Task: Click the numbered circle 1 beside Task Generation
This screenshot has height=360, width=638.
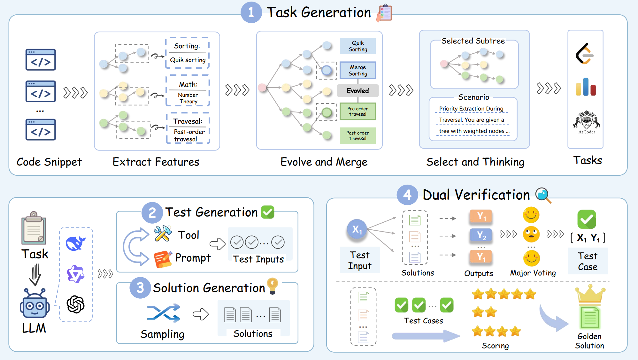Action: pos(251,12)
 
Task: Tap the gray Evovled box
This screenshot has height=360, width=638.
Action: pos(358,91)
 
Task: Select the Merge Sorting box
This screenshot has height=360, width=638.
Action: pos(358,70)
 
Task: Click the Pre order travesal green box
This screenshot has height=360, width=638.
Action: pos(358,111)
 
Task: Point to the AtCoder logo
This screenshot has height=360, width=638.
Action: pos(587,121)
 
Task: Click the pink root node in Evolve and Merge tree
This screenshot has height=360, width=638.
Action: pos(262,87)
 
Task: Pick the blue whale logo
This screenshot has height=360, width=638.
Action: pos(75,243)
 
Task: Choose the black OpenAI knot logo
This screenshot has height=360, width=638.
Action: pos(76,304)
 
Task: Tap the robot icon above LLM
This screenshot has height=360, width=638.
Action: pos(35,304)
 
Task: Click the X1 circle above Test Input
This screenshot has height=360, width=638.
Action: pos(357,229)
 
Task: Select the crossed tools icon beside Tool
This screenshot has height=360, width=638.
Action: pos(163,234)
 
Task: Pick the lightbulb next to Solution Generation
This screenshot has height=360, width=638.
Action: pos(273,285)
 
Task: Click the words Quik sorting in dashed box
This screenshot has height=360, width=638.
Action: pos(188,60)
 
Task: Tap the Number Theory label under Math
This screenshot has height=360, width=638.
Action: pos(188,98)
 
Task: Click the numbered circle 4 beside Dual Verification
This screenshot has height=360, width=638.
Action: pos(407,195)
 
